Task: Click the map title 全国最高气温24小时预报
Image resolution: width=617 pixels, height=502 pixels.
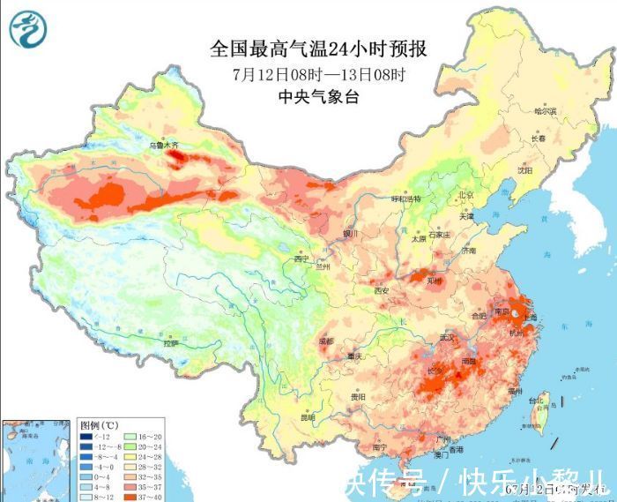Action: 323,49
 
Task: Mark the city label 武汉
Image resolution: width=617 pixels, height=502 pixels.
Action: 447,337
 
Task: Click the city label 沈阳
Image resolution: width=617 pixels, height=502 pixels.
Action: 526,171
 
